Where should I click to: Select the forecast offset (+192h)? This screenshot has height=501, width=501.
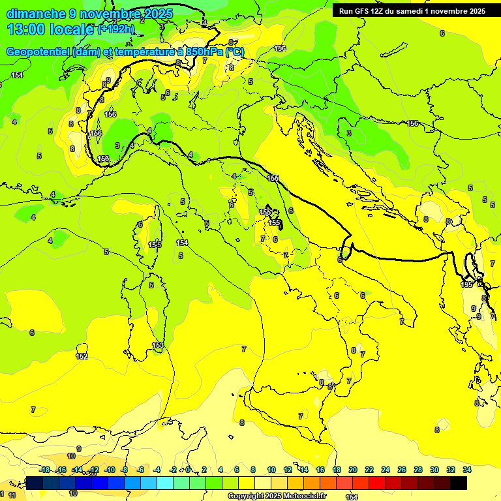[x=115, y=29]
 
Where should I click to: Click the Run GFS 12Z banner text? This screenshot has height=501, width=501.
[x=412, y=11]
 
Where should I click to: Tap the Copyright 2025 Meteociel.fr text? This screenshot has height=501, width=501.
[x=277, y=496]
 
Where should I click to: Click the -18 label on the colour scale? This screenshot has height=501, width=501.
[x=44, y=470]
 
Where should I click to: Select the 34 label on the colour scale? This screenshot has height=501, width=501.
[x=466, y=470]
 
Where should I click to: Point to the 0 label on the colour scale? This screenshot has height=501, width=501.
[x=188, y=470]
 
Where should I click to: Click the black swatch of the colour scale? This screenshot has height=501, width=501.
[x=459, y=483]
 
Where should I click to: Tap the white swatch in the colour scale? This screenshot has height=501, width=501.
[x=263, y=483]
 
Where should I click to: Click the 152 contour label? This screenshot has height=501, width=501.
[x=82, y=356]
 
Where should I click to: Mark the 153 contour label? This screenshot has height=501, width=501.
[x=158, y=345]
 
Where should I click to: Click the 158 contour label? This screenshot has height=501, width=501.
[x=103, y=159]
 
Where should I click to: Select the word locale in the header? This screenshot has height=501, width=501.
[x=72, y=29]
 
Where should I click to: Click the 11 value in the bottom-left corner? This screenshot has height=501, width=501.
[x=12, y=496]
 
